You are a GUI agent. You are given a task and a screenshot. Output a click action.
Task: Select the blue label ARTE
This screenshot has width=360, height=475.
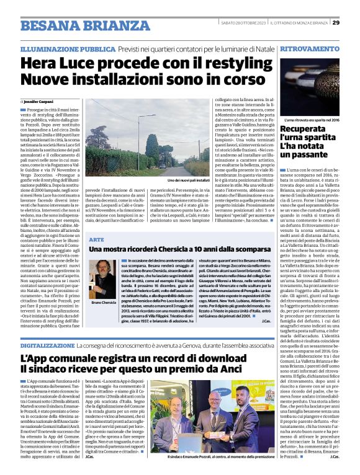pos(96,238)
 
